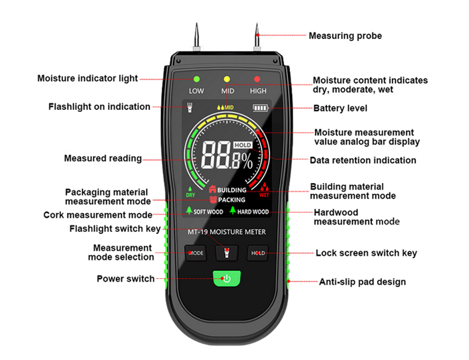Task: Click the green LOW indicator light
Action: pos(196,79)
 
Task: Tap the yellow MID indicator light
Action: pos(226,79)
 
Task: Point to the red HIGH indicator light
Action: pos(257,79)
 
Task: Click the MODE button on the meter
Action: pos(196,253)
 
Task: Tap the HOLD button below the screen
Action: pos(258,253)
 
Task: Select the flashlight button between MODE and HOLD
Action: pos(227,253)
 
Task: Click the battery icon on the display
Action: pos(260,108)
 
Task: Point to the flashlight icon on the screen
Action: pos(190,108)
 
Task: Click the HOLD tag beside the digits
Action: pos(243,145)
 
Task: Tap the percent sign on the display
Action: pos(247,161)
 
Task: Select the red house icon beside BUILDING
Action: pos(212,189)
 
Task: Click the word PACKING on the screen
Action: pos(232,200)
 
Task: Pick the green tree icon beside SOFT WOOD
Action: pos(189,211)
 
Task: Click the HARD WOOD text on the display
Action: pos(253,212)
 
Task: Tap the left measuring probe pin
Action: pos(196,36)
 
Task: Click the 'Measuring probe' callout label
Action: pos(345,36)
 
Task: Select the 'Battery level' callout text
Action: pos(340,109)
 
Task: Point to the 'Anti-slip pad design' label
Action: pos(362,282)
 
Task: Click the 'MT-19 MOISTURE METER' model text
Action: pos(226,232)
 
